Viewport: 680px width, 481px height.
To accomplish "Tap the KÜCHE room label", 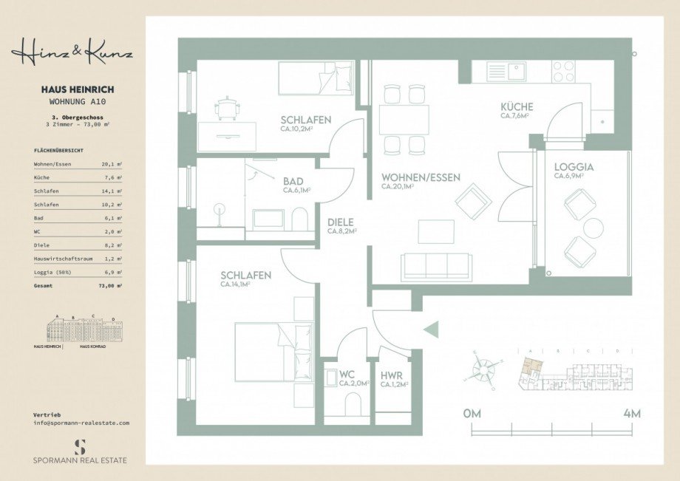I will click(x=517, y=107).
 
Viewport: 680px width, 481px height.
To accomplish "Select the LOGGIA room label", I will click(x=574, y=167).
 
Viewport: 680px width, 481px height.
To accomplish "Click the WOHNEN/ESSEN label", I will click(x=421, y=178).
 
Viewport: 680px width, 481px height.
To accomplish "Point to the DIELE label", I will click(x=341, y=222).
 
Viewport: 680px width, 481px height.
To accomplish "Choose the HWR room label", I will click(x=392, y=375).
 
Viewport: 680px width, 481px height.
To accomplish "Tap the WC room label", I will click(x=348, y=374).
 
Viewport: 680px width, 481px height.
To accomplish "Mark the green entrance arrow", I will click(x=431, y=330).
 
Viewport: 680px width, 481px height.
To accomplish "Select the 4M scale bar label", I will click(x=631, y=413).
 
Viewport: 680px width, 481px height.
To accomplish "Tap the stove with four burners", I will click(x=563, y=71).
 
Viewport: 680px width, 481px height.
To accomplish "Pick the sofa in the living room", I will click(x=436, y=267).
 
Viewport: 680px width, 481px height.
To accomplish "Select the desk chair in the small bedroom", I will click(x=226, y=109).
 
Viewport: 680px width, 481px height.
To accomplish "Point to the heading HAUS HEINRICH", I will click(x=78, y=89).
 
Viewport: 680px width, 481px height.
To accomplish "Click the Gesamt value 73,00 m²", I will click(x=112, y=284).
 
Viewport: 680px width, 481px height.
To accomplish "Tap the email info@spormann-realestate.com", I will click(x=81, y=423).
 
